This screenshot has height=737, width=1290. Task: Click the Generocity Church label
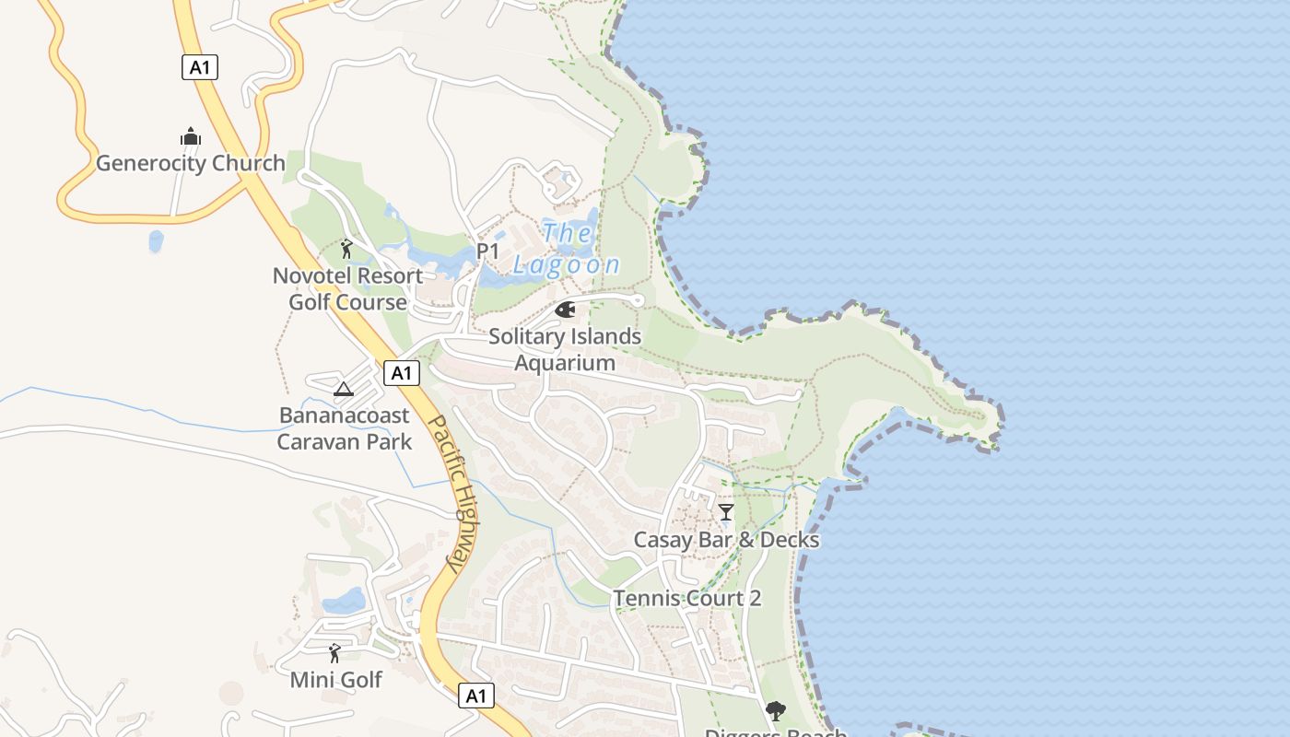tap(191, 164)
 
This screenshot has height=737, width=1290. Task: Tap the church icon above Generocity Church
tap(191, 137)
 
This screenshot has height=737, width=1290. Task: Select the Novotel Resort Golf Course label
tap(347, 288)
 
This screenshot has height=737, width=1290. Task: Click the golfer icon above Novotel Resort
tap(346, 249)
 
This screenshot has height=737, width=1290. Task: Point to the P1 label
tap(487, 251)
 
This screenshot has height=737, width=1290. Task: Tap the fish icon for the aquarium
tap(565, 310)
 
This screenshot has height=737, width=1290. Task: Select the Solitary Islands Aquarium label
tap(565, 349)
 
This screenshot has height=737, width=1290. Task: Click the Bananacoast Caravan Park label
tap(345, 428)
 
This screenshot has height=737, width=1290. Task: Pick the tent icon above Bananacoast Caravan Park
tap(344, 389)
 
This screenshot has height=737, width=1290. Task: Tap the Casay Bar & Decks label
tap(726, 540)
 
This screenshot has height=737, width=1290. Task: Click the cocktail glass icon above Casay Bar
tap(726, 511)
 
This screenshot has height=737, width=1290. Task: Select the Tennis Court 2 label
tap(687, 599)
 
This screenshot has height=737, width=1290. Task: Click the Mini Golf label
tap(335, 680)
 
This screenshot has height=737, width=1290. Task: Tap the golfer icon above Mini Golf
tap(334, 653)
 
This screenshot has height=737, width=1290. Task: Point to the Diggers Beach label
tap(775, 732)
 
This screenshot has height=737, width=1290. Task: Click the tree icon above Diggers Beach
tap(775, 710)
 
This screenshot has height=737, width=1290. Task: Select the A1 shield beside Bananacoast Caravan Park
tap(400, 373)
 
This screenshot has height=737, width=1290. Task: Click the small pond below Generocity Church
tap(156, 241)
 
